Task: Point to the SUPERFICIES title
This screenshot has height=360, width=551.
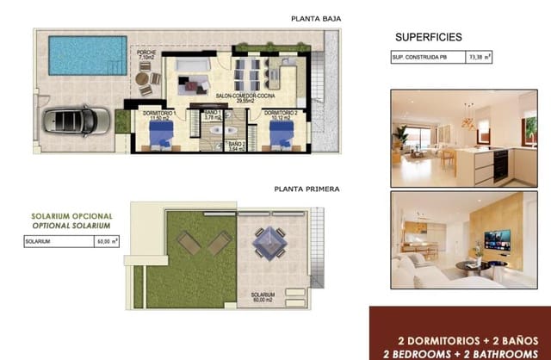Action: coord(429,37)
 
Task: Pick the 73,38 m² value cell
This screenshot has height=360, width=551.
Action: coord(480,58)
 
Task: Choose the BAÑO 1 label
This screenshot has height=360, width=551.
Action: coord(213,115)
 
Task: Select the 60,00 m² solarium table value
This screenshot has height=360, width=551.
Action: coord(108,243)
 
